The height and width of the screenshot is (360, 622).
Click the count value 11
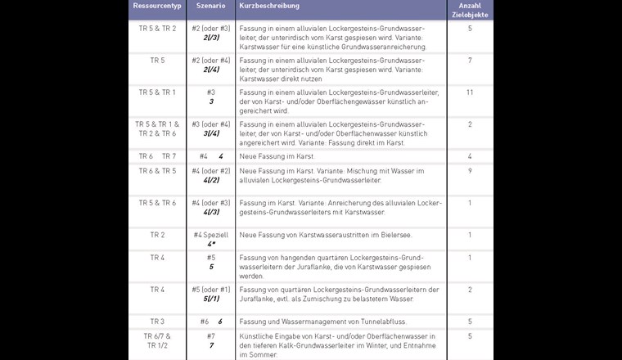click(470, 92)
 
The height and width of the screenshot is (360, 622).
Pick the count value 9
click(470, 170)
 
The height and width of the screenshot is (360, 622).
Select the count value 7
click(470, 61)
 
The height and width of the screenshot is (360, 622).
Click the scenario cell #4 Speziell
click(210, 235)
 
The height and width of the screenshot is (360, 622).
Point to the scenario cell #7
click(210, 336)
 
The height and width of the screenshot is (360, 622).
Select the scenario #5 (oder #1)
click(210, 289)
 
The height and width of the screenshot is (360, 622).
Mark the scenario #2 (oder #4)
click(210, 61)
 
